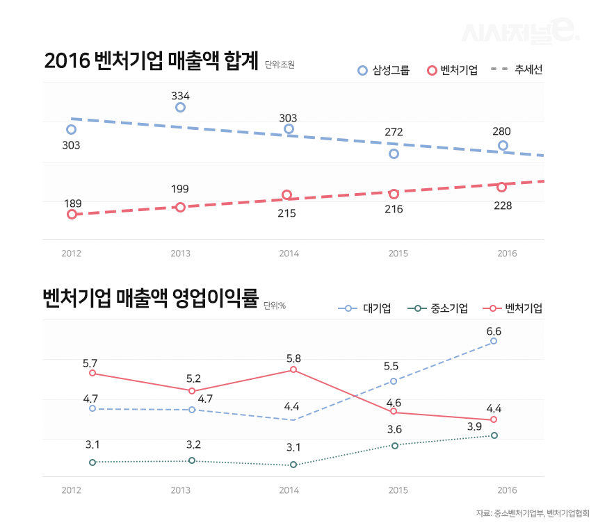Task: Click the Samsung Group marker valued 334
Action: [x=180, y=107]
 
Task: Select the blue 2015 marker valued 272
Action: [x=394, y=153]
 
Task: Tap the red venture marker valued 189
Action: [x=72, y=214]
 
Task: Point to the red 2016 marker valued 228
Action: [x=501, y=187]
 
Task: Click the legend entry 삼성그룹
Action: [x=383, y=70]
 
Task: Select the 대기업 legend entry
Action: [x=364, y=308]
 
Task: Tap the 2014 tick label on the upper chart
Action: [x=289, y=253]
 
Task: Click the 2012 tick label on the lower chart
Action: [x=71, y=490]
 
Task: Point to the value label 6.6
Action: [x=494, y=331]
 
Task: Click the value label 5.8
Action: [x=293, y=358]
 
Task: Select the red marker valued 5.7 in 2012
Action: [x=92, y=373]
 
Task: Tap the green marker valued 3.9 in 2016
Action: [x=494, y=435]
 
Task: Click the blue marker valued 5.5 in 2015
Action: [x=394, y=381]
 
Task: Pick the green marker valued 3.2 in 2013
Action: [x=193, y=460]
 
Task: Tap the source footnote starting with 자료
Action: [x=528, y=513]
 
